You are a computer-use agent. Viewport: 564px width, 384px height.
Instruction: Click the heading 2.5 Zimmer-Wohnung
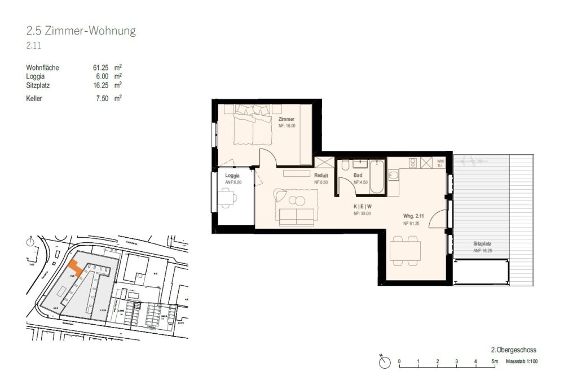(x=81, y=31)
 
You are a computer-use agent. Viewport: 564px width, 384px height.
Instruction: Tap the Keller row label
(x=35, y=98)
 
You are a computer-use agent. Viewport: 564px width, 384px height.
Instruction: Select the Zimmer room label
(x=287, y=120)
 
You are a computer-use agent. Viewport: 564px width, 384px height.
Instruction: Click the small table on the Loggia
(x=228, y=197)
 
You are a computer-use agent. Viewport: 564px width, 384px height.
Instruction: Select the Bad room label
(x=358, y=176)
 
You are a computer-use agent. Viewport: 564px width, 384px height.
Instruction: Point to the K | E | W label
(x=362, y=207)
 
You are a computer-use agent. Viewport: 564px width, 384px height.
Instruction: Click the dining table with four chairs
(x=405, y=250)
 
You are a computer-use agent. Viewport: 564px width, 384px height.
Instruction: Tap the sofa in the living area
(x=296, y=216)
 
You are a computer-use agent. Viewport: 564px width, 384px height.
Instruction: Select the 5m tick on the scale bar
(x=495, y=361)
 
